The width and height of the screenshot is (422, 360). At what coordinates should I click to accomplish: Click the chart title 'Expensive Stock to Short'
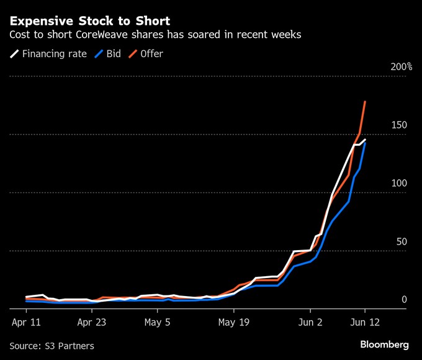(x=89, y=21)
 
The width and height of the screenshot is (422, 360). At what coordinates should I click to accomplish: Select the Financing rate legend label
(x=54, y=54)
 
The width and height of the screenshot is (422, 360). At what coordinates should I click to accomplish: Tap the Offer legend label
(x=151, y=54)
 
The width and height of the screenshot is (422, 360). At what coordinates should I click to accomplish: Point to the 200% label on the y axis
(x=401, y=66)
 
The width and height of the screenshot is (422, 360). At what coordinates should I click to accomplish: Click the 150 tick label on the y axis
(x=398, y=125)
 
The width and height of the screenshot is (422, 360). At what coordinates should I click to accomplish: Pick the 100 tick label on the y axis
(x=398, y=183)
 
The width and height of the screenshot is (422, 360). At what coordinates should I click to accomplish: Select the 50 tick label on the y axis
(x=401, y=241)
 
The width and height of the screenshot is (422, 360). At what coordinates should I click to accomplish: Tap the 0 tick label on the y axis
(x=404, y=300)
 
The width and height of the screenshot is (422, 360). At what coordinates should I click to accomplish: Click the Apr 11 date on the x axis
(x=26, y=323)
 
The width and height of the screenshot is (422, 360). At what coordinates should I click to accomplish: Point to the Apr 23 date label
(x=91, y=323)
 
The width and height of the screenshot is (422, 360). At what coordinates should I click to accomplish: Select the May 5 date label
(x=158, y=323)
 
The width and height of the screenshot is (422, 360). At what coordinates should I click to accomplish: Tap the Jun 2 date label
(x=311, y=323)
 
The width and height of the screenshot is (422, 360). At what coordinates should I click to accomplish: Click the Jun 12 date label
(x=365, y=323)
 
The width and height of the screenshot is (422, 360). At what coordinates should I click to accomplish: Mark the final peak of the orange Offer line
(x=365, y=101)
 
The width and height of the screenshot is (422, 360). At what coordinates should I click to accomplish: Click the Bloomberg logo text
(x=384, y=344)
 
